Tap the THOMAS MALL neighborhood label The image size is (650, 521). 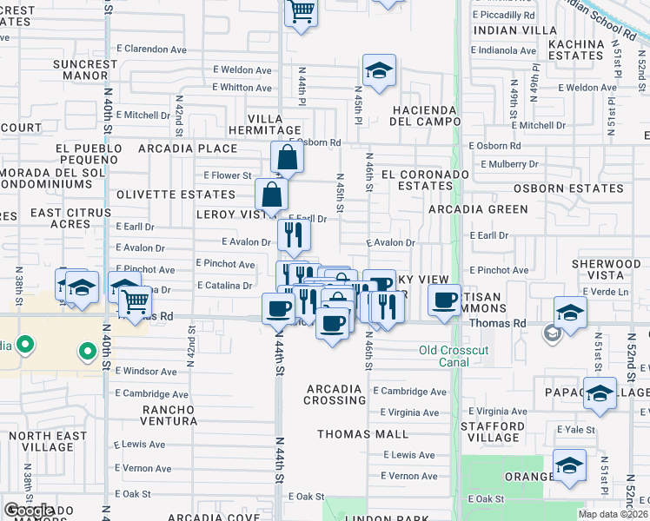coord(363,433)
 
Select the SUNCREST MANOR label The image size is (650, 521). coord(84,70)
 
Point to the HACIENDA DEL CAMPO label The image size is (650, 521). coord(424,115)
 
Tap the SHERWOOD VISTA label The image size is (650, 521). coord(607,270)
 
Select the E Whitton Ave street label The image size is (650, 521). coord(242,88)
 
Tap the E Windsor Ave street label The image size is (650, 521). coord(146,371)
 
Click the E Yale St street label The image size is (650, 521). coord(575,430)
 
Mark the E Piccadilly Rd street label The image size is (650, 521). coord(504,15)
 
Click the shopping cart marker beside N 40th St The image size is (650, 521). coord(135,301)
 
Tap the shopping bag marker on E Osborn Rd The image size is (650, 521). coord(286,159)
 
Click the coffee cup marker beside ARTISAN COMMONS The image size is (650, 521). coord(444,301)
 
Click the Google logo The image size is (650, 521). coord(29,511)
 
